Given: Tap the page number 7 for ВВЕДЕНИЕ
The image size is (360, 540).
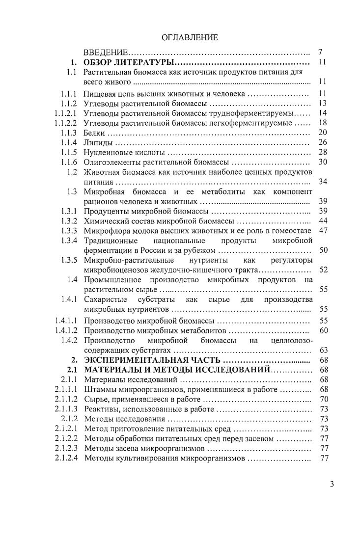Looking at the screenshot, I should click(x=320, y=52).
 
